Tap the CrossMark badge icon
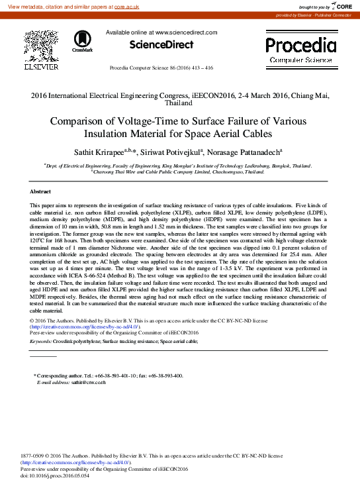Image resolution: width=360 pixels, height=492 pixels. [x=83, y=41]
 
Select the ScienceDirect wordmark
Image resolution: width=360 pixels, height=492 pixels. [x=161, y=45]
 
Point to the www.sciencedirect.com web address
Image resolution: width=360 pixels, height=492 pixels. [x=186, y=32]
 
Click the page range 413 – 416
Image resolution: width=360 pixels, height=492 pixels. [x=201, y=68]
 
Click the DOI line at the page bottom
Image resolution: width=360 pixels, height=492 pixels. [x=55, y=476]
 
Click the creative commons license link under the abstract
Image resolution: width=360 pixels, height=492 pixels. [x=85, y=327]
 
